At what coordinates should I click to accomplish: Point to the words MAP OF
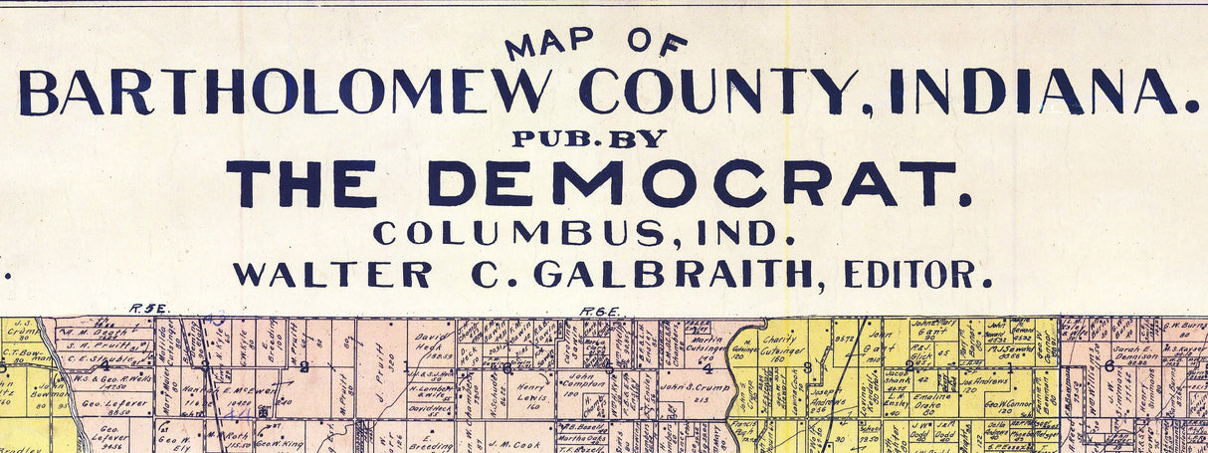click(x=596, y=43)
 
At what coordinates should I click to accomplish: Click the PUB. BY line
click(x=589, y=139)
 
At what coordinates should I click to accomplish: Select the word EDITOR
click(x=917, y=274)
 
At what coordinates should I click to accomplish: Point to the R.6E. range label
click(x=599, y=311)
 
